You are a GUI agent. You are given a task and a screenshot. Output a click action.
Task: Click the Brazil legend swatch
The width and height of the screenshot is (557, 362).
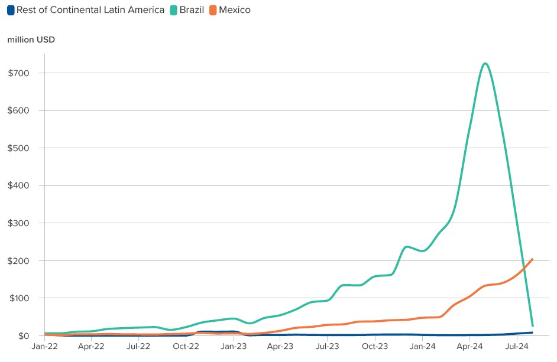(x=173, y=10)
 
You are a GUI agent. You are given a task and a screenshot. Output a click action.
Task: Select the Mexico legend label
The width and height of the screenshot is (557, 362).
(x=235, y=10)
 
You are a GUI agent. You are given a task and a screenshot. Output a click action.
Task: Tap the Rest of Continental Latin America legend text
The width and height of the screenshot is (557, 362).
(x=90, y=10)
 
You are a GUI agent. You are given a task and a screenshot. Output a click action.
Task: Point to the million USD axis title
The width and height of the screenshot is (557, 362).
(x=31, y=40)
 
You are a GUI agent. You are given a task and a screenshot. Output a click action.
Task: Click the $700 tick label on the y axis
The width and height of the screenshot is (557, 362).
(x=18, y=73)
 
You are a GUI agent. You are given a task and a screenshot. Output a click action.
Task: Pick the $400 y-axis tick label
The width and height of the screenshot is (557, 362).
(x=18, y=185)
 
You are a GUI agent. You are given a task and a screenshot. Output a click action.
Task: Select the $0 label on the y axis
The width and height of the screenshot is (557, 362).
(x=24, y=336)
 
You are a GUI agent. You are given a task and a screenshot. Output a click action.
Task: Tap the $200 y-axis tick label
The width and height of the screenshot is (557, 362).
(x=18, y=261)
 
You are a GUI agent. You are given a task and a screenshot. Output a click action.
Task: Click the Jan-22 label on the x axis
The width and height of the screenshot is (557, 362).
(x=44, y=347)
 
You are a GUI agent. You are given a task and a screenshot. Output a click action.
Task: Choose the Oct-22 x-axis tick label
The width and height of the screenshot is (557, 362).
(x=186, y=347)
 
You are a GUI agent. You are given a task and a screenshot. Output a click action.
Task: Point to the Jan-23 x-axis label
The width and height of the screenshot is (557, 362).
(x=234, y=347)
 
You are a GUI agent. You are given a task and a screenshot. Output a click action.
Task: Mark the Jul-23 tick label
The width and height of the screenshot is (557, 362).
(x=327, y=347)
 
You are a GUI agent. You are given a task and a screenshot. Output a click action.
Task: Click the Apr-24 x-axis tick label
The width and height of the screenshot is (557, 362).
(x=469, y=347)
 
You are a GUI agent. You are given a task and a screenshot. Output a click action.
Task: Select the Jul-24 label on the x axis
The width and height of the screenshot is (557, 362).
(x=517, y=347)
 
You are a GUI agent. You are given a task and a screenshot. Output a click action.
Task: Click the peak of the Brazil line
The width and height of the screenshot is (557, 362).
(x=485, y=64)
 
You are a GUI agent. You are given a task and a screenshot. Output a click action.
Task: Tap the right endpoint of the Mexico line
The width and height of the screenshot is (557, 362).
(x=532, y=259)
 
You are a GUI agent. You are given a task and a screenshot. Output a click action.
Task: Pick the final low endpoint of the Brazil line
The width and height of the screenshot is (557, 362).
(x=533, y=325)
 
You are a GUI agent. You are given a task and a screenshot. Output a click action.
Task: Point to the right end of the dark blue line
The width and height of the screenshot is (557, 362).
(x=532, y=332)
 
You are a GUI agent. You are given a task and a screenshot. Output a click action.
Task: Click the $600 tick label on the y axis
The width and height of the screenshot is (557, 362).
(x=18, y=110)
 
